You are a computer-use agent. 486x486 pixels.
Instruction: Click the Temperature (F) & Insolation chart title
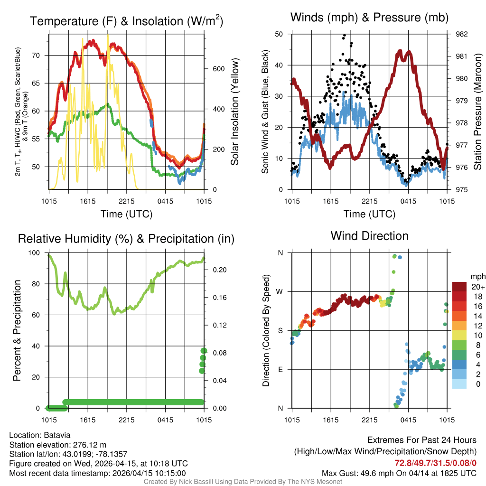(x=126, y=21)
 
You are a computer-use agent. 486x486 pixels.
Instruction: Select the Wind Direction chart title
(x=369, y=236)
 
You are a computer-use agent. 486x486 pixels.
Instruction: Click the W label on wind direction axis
(x=280, y=291)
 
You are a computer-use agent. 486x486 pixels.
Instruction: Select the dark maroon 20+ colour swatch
(x=460, y=287)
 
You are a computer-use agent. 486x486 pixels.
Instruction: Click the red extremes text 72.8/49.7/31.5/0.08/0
(x=436, y=463)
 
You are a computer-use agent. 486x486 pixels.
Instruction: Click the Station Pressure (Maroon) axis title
(x=477, y=112)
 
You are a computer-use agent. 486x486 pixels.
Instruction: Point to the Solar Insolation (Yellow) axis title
(x=234, y=112)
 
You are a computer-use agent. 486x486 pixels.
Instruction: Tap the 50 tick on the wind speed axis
(x=279, y=34)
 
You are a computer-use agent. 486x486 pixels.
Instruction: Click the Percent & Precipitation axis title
(x=17, y=330)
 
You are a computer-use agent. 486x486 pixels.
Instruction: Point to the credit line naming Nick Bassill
(x=243, y=482)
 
